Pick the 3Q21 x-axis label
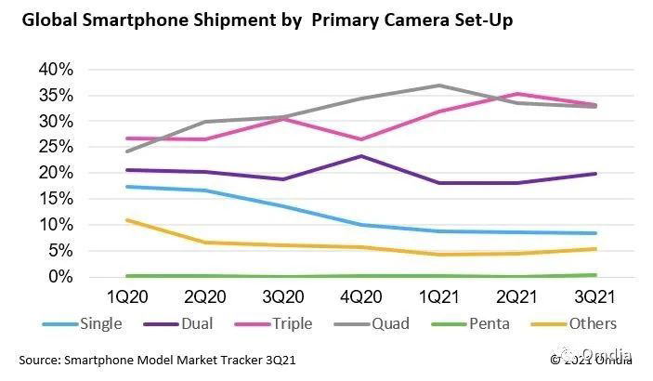(594, 298)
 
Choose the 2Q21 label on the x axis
(516, 298)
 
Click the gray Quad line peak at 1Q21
(439, 85)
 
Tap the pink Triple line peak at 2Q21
(516, 94)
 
